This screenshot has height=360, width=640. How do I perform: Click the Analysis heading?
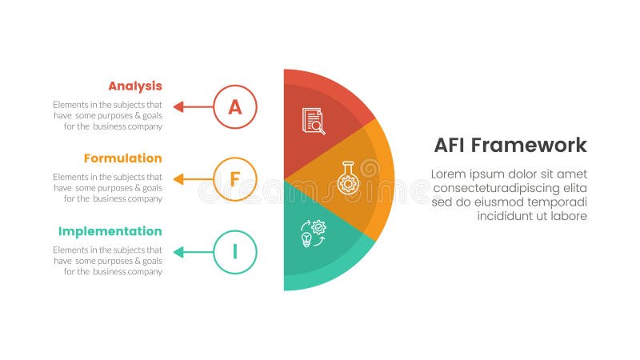tap(134, 86)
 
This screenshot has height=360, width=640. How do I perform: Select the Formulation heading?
tap(122, 158)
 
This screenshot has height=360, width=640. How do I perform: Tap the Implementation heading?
tap(110, 231)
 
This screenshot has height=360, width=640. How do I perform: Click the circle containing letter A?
tap(235, 106)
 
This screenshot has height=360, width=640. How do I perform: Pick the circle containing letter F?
tap(235, 179)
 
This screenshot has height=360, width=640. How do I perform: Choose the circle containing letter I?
tap(235, 252)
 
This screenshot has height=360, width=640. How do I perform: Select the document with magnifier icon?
tap(314, 121)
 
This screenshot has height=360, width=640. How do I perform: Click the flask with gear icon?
tap(347, 178)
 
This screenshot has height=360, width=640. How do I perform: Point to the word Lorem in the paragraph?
tap(450, 174)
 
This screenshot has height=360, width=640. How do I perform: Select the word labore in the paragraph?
tap(568, 216)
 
